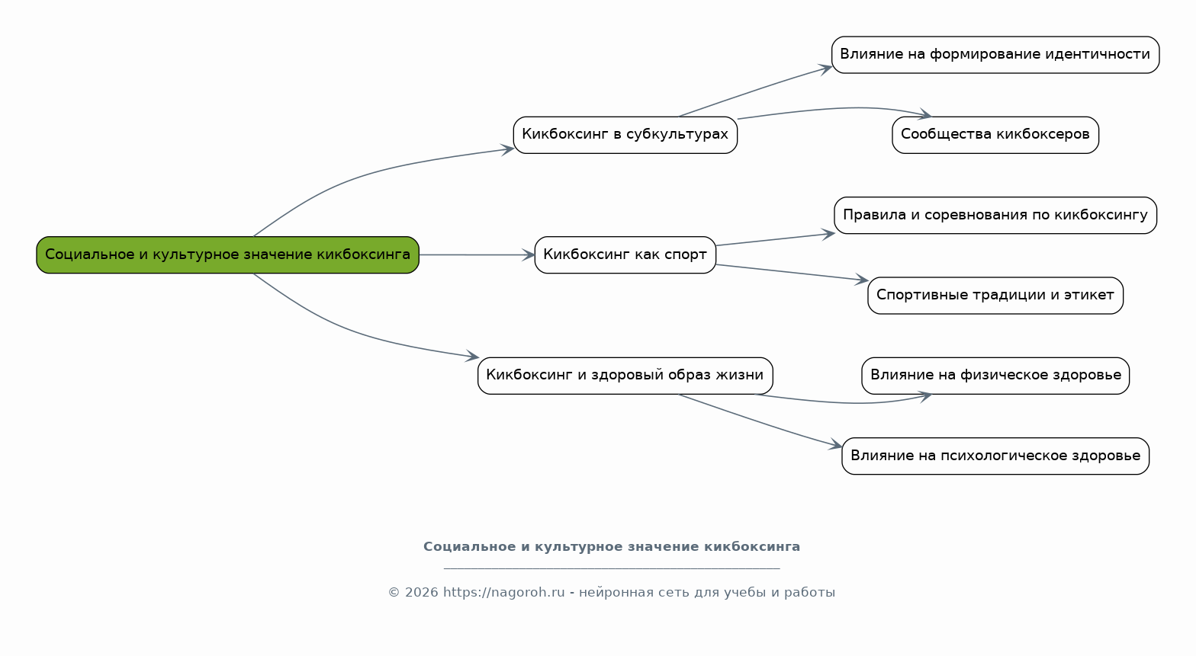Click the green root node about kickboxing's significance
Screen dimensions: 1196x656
click(227, 255)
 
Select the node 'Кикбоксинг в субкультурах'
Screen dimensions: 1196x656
click(625, 135)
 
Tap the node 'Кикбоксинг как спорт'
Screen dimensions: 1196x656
click(625, 255)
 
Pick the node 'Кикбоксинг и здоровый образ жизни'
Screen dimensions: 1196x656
click(625, 376)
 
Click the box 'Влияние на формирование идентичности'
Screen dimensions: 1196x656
click(995, 55)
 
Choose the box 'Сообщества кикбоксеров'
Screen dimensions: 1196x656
click(995, 135)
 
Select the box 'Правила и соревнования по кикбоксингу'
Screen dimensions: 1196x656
click(995, 216)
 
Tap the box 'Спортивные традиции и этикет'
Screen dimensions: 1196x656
click(995, 296)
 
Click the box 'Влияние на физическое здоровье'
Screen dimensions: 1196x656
click(995, 376)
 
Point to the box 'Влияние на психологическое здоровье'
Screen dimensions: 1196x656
click(995, 456)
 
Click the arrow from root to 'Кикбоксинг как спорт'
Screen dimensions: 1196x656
click(477, 255)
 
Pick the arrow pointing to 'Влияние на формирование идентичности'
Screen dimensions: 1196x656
click(755, 90)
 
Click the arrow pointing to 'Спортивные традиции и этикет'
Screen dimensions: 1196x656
click(792, 273)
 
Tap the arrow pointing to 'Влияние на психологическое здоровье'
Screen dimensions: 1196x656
click(760, 421)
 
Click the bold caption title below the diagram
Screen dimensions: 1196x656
click(612, 547)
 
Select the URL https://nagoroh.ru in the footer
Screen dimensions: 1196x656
click(503, 593)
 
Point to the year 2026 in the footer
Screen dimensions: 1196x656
click(421, 593)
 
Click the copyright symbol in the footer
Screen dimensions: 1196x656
click(394, 593)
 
